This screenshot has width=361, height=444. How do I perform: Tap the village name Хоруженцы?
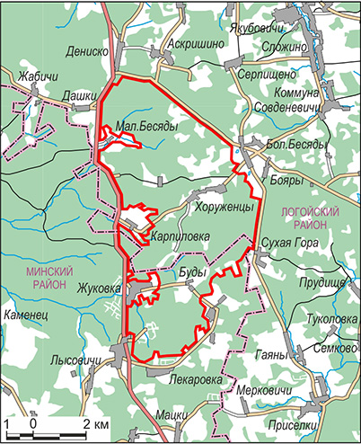pyautogui.click(x=224, y=207)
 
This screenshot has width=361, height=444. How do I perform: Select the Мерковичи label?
pyautogui.click(x=264, y=392)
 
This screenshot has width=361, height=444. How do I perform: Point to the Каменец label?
pyautogui.click(x=29, y=317)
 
